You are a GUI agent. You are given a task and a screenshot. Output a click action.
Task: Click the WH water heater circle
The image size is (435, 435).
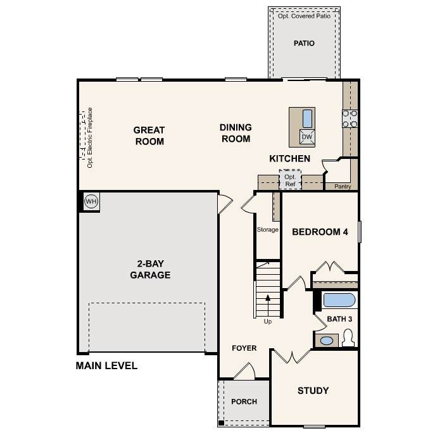pyautogui.click(x=91, y=201)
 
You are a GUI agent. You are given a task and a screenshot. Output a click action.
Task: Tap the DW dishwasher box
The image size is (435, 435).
pyautogui.click(x=307, y=137)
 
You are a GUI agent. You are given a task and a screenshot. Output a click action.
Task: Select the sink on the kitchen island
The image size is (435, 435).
pyautogui.click(x=307, y=118)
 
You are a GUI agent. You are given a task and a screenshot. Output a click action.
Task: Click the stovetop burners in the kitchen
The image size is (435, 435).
pyautogui.click(x=350, y=118)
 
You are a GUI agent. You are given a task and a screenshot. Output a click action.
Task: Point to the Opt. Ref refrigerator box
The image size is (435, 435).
pyautogui.click(x=290, y=180)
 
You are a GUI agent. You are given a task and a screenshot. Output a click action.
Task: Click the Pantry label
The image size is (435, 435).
pyautogui.click(x=343, y=186)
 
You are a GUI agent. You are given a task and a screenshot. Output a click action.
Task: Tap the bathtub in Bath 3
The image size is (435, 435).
pyautogui.click(x=339, y=300)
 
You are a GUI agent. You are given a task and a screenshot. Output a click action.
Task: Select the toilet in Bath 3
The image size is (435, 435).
pyautogui.click(x=348, y=337)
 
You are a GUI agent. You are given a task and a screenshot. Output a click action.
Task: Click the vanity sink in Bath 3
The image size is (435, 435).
pyautogui.click(x=327, y=341)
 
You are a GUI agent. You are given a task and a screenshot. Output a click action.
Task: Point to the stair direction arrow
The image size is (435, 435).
pyautogui.click(x=268, y=306)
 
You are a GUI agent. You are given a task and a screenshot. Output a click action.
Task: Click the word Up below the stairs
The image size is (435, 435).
pyautogui.click(x=268, y=322)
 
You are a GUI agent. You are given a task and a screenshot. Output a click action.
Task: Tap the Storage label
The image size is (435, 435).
pyautogui.click(x=267, y=230)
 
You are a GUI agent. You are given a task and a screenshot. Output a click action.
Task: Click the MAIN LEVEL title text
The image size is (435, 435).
pyautogui.click(x=106, y=365)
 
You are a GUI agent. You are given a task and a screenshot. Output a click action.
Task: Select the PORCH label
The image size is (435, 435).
pyautogui.click(x=244, y=401)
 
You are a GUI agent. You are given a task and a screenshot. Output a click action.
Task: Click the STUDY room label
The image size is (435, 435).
pyautogui.click(x=313, y=391)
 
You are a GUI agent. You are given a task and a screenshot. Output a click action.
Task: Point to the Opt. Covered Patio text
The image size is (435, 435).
pyautogui.click(x=304, y=16)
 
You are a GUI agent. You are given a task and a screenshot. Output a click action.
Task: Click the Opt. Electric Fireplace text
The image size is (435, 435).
pyautogui.click(x=90, y=137)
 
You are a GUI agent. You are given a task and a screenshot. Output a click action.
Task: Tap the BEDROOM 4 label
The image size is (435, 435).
pyautogui.click(x=320, y=232)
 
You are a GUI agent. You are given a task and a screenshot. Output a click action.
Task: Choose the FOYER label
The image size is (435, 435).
pyautogui.click(x=244, y=348)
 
